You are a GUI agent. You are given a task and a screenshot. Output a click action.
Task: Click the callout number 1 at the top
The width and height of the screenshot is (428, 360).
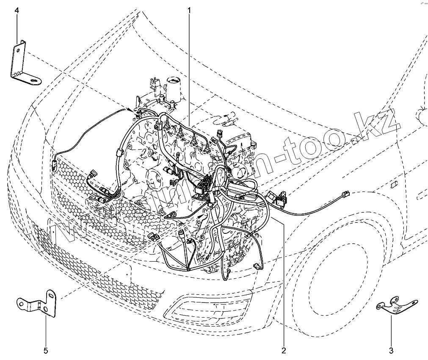[189, 9]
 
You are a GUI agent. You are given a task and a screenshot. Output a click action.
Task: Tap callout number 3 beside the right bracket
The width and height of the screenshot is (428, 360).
[391, 350]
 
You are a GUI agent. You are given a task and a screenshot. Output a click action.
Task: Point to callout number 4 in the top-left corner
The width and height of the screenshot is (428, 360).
[17, 10]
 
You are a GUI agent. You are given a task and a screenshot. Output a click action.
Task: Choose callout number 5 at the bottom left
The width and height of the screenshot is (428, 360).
[46, 350]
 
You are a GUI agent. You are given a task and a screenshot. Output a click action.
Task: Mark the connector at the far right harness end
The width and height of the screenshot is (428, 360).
[345, 194]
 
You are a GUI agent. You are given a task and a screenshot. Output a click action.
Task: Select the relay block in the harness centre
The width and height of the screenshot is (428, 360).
[204, 186]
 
